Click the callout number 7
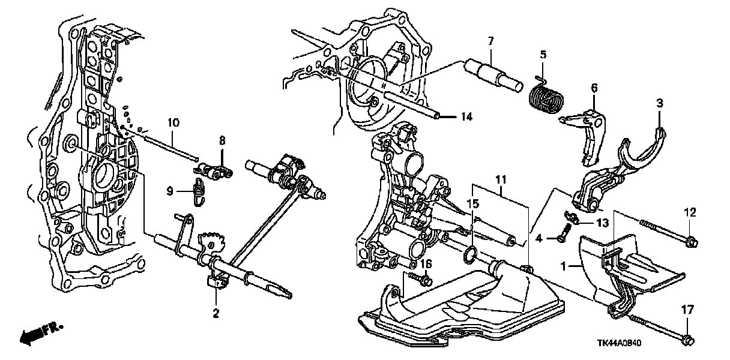(x=490, y=41)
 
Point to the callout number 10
(x=173, y=123)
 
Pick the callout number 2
(x=216, y=313)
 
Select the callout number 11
(x=500, y=179)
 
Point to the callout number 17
(x=688, y=310)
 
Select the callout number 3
(x=660, y=104)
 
